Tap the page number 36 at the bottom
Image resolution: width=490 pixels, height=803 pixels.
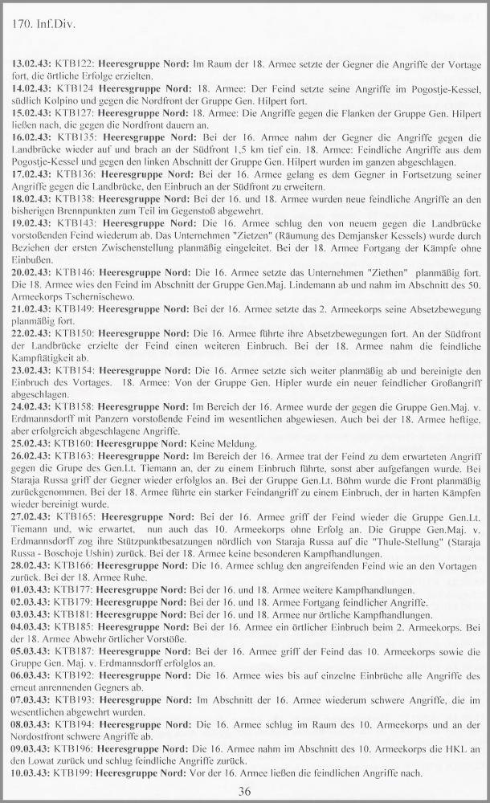pos(245,791)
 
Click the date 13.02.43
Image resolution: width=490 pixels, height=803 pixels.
pos(31,63)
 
